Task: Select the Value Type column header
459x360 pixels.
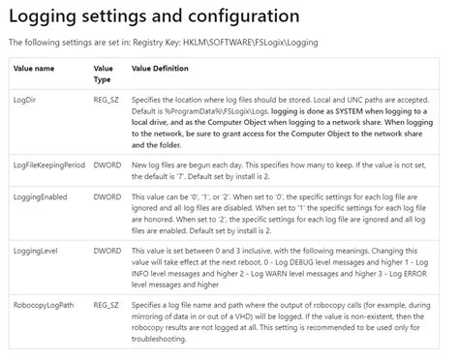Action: coord(104,75)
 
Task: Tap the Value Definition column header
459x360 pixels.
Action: coord(160,69)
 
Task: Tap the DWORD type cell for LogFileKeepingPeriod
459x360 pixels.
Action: coord(107,166)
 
